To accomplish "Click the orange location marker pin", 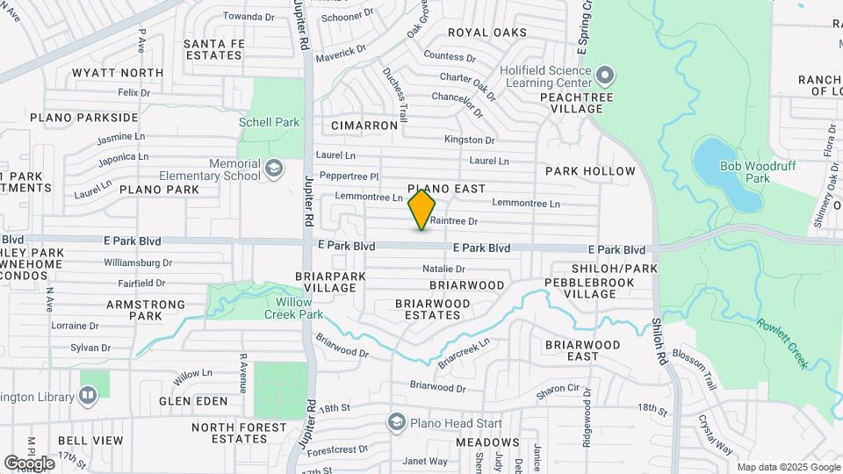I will click(421, 210).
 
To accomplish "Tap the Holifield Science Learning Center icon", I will click(605, 75).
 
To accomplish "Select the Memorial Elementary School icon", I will click(274, 169).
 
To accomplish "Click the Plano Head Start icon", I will click(397, 423).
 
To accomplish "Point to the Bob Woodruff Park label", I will click(745, 172).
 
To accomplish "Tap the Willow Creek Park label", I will click(294, 308).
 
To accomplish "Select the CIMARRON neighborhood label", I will click(364, 126).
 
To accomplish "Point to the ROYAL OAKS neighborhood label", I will click(487, 32).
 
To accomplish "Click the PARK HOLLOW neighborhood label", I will click(590, 171).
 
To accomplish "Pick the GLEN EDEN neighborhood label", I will click(193, 401).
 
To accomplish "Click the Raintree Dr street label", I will click(453, 221).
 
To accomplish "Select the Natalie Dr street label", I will click(443, 269).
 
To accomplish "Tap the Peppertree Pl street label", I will click(349, 176).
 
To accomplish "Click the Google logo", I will click(29, 463).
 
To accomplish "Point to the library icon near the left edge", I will click(87, 396).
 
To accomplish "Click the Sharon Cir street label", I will click(558, 388).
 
